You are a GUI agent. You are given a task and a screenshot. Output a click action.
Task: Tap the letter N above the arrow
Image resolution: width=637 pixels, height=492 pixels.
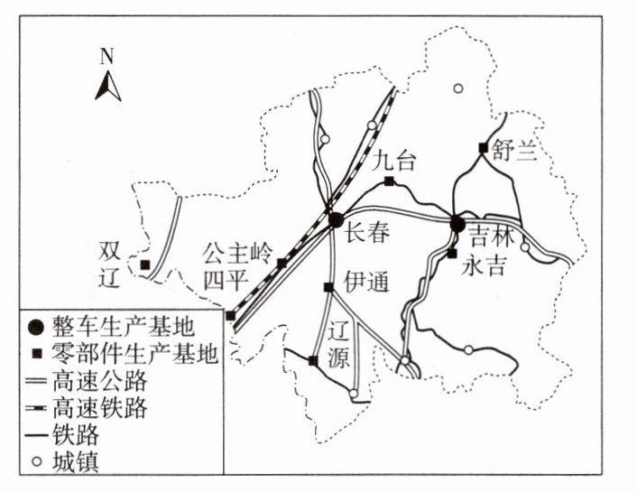click(106, 56)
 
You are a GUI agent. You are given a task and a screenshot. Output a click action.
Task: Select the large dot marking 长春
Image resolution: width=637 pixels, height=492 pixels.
click(335, 219)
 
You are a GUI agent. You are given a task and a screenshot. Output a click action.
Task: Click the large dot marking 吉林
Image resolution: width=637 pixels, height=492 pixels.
click(457, 224)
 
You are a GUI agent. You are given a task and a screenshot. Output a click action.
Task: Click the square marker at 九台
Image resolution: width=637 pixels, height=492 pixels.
click(389, 181)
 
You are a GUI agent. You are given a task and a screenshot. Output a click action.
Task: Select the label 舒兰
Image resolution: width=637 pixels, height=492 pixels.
click(513, 151)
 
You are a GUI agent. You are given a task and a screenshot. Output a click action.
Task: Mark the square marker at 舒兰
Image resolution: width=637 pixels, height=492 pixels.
click(484, 148)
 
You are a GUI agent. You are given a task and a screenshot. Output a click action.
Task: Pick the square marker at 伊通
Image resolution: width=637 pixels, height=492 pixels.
click(328, 287)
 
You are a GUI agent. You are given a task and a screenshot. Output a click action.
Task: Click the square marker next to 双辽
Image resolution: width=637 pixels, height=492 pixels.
click(144, 265)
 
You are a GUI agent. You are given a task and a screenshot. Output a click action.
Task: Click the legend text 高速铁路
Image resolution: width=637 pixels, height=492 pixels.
click(101, 406)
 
